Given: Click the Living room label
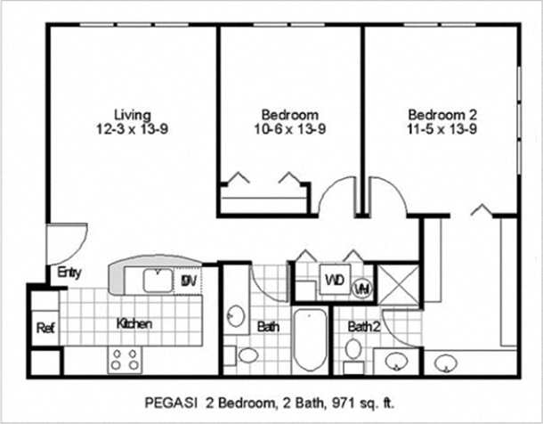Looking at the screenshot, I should click(132, 115).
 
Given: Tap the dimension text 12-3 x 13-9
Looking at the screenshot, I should click(132, 129).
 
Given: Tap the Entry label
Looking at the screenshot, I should click(69, 273).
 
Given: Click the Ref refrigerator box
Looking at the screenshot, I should click(45, 328).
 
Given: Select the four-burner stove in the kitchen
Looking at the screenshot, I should click(124, 359).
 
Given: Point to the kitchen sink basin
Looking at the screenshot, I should click(158, 281).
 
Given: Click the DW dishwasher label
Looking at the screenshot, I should click(189, 281).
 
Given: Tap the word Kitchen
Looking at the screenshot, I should click(134, 324).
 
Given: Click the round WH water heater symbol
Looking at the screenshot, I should click(362, 288).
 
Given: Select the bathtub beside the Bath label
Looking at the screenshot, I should click(311, 340).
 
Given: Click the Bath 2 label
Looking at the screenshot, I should click(363, 327).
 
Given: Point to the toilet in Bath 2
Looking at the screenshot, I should click(353, 348).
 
